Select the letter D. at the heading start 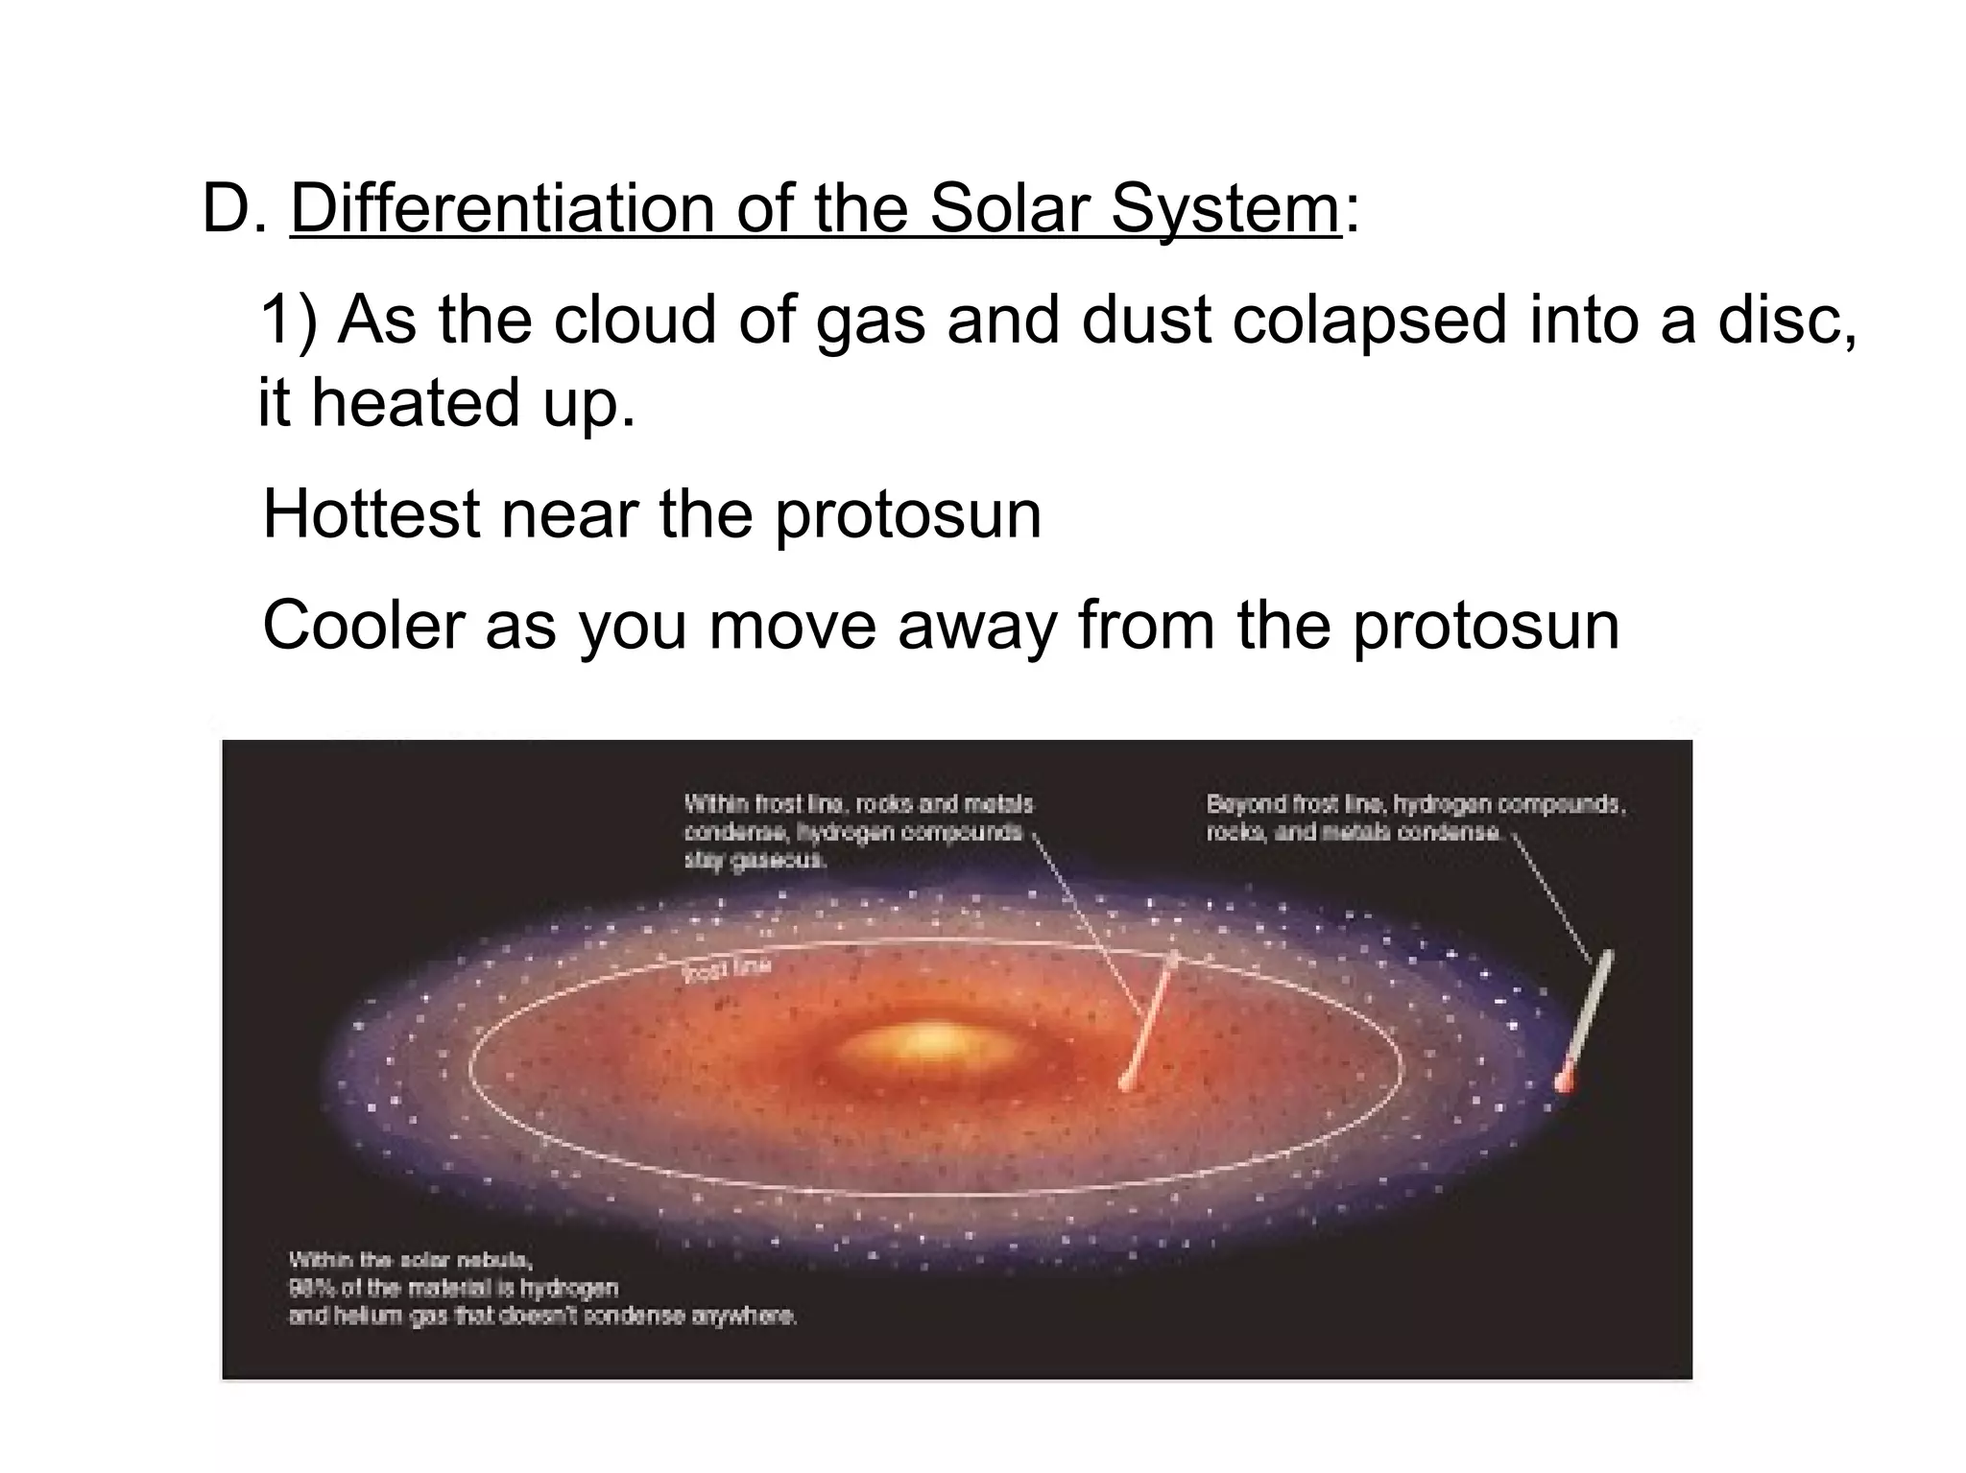[x=234, y=209]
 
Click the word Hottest [x=371, y=514]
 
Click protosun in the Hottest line [x=907, y=516]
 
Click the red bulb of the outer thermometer [x=1565, y=1081]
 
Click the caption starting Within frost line [x=857, y=831]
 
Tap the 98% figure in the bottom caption [x=305, y=1288]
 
